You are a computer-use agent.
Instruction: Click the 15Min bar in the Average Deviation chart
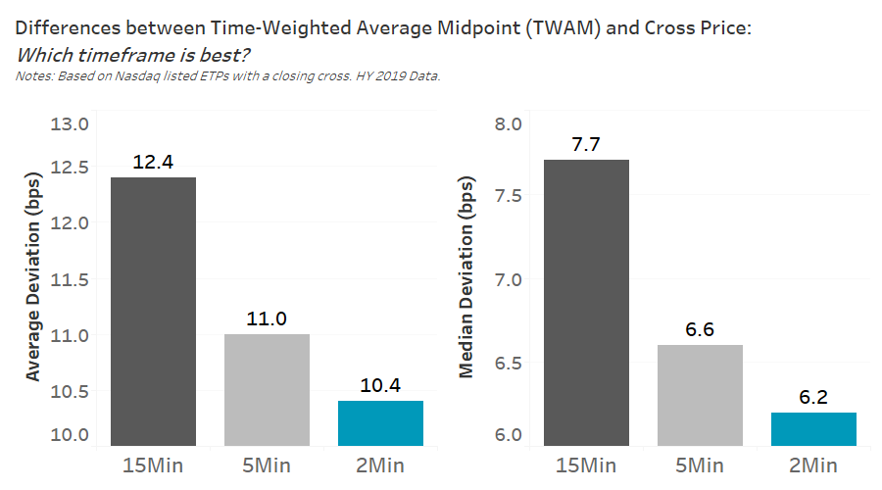(153, 312)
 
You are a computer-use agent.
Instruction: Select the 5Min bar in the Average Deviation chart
(267, 390)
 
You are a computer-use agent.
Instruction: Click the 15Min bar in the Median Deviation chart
(586, 303)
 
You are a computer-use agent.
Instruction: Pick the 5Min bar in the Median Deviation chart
(700, 395)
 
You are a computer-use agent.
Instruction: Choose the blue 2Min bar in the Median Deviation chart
(813, 429)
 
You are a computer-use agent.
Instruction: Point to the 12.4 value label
(153, 162)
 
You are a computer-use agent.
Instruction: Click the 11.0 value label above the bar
(267, 318)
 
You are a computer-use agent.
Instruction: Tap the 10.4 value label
(380, 385)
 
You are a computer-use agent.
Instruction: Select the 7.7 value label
(586, 144)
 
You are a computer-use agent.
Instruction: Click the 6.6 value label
(700, 329)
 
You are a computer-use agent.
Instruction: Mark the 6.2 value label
(813, 397)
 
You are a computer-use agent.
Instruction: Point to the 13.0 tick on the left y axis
(71, 124)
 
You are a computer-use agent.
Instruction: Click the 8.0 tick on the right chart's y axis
(510, 124)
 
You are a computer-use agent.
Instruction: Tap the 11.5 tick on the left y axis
(71, 279)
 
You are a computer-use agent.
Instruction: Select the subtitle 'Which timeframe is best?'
(132, 55)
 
